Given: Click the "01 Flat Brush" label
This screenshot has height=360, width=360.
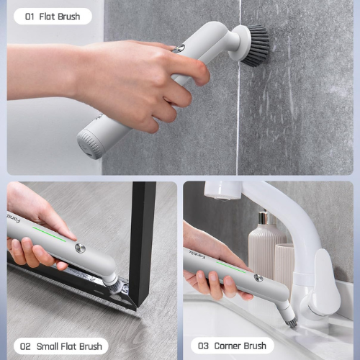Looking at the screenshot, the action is pyautogui.click(x=53, y=17).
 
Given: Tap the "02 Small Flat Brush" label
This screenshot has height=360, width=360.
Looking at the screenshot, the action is pyautogui.click(x=61, y=346).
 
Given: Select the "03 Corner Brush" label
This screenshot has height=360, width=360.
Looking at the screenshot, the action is pyautogui.click(x=232, y=346).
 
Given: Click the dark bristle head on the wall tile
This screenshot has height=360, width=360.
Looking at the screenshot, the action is pyautogui.click(x=256, y=45).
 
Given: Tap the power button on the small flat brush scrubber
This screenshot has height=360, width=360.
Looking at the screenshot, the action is pyautogui.click(x=80, y=248).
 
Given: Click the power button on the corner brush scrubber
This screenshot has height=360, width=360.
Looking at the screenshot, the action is pyautogui.click(x=258, y=278).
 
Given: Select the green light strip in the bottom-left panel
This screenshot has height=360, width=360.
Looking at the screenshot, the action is pyautogui.click(x=49, y=234).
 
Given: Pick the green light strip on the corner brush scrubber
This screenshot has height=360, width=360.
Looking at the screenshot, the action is pyautogui.click(x=231, y=267).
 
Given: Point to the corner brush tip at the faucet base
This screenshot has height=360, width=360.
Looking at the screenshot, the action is pyautogui.click(x=292, y=320).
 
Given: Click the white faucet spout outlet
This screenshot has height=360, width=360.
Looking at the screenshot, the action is pyautogui.click(x=222, y=191).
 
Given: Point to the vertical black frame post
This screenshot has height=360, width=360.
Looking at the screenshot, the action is pyautogui.click(x=142, y=243).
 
